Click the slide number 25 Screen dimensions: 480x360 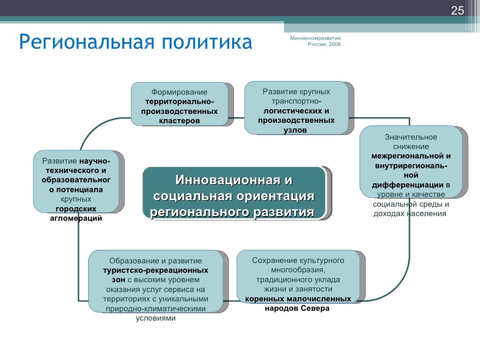[457, 11]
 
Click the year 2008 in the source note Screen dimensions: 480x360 [335, 44]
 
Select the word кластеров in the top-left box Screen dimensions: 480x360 [179, 121]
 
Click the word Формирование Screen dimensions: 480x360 [179, 92]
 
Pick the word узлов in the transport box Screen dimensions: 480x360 [295, 130]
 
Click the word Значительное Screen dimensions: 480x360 [411, 137]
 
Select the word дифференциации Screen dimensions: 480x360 [408, 184]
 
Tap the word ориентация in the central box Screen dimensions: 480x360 [266, 196]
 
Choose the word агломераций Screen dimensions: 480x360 [76, 218]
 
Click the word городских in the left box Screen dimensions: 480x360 [76, 209]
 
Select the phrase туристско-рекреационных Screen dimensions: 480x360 [156, 270]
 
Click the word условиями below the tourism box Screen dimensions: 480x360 [156, 318]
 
